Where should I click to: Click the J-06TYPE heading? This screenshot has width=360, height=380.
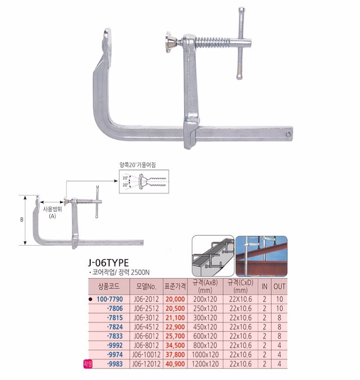pyautogui.click(x=108, y=263)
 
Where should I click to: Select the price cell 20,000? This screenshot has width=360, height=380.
pyautogui.click(x=175, y=299)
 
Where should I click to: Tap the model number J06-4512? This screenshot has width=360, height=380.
pyautogui.click(x=147, y=327)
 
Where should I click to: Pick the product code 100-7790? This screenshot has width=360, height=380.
pyautogui.click(x=109, y=299)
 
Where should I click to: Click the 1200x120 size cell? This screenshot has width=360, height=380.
pyautogui.click(x=205, y=364)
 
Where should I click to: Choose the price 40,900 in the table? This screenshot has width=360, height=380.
pyautogui.click(x=175, y=364)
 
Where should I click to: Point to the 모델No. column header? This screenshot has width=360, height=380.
pyautogui.click(x=147, y=287)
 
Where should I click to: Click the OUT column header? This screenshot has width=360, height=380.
pyautogui.click(x=279, y=287)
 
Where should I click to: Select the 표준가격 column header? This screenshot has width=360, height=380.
pyautogui.click(x=175, y=287)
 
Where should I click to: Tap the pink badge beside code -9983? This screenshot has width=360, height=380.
pyautogui.click(x=88, y=364)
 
